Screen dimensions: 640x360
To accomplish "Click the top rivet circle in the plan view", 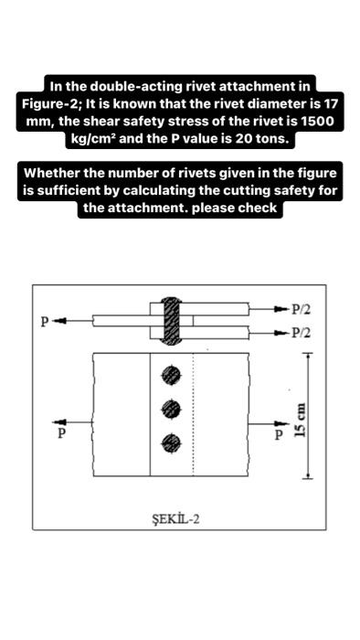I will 169,374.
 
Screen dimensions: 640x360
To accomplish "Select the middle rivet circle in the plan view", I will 169,408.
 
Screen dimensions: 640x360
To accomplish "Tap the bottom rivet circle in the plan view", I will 169,443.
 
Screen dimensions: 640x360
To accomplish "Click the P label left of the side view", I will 42,322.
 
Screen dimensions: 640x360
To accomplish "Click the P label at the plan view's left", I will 62,432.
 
